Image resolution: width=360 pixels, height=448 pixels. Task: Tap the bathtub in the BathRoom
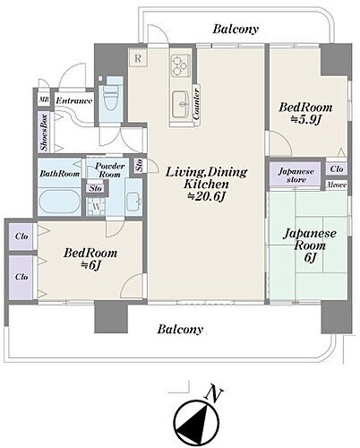click(x=60, y=202)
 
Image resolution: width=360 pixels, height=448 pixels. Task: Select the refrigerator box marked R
click(x=138, y=57)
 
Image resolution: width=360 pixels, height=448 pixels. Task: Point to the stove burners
click(x=180, y=65)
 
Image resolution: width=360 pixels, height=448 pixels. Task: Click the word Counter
click(x=196, y=103)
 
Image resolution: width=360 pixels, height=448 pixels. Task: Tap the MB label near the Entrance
click(x=44, y=99)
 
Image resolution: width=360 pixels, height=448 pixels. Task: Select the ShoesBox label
click(x=44, y=132)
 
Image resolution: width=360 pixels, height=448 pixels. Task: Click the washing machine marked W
click(x=96, y=206)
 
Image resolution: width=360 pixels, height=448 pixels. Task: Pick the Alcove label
click(x=337, y=185)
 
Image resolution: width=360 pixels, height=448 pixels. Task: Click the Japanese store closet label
click(x=296, y=176)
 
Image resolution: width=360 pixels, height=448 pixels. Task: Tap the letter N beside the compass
click(x=214, y=392)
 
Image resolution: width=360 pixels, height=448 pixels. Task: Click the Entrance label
click(x=74, y=101)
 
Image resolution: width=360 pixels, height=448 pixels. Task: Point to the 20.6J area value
click(x=206, y=196)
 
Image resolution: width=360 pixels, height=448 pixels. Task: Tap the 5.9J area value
click(x=305, y=119)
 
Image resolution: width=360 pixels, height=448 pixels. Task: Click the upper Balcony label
click(x=236, y=30)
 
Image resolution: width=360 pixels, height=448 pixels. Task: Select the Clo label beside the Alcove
click(x=337, y=169)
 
